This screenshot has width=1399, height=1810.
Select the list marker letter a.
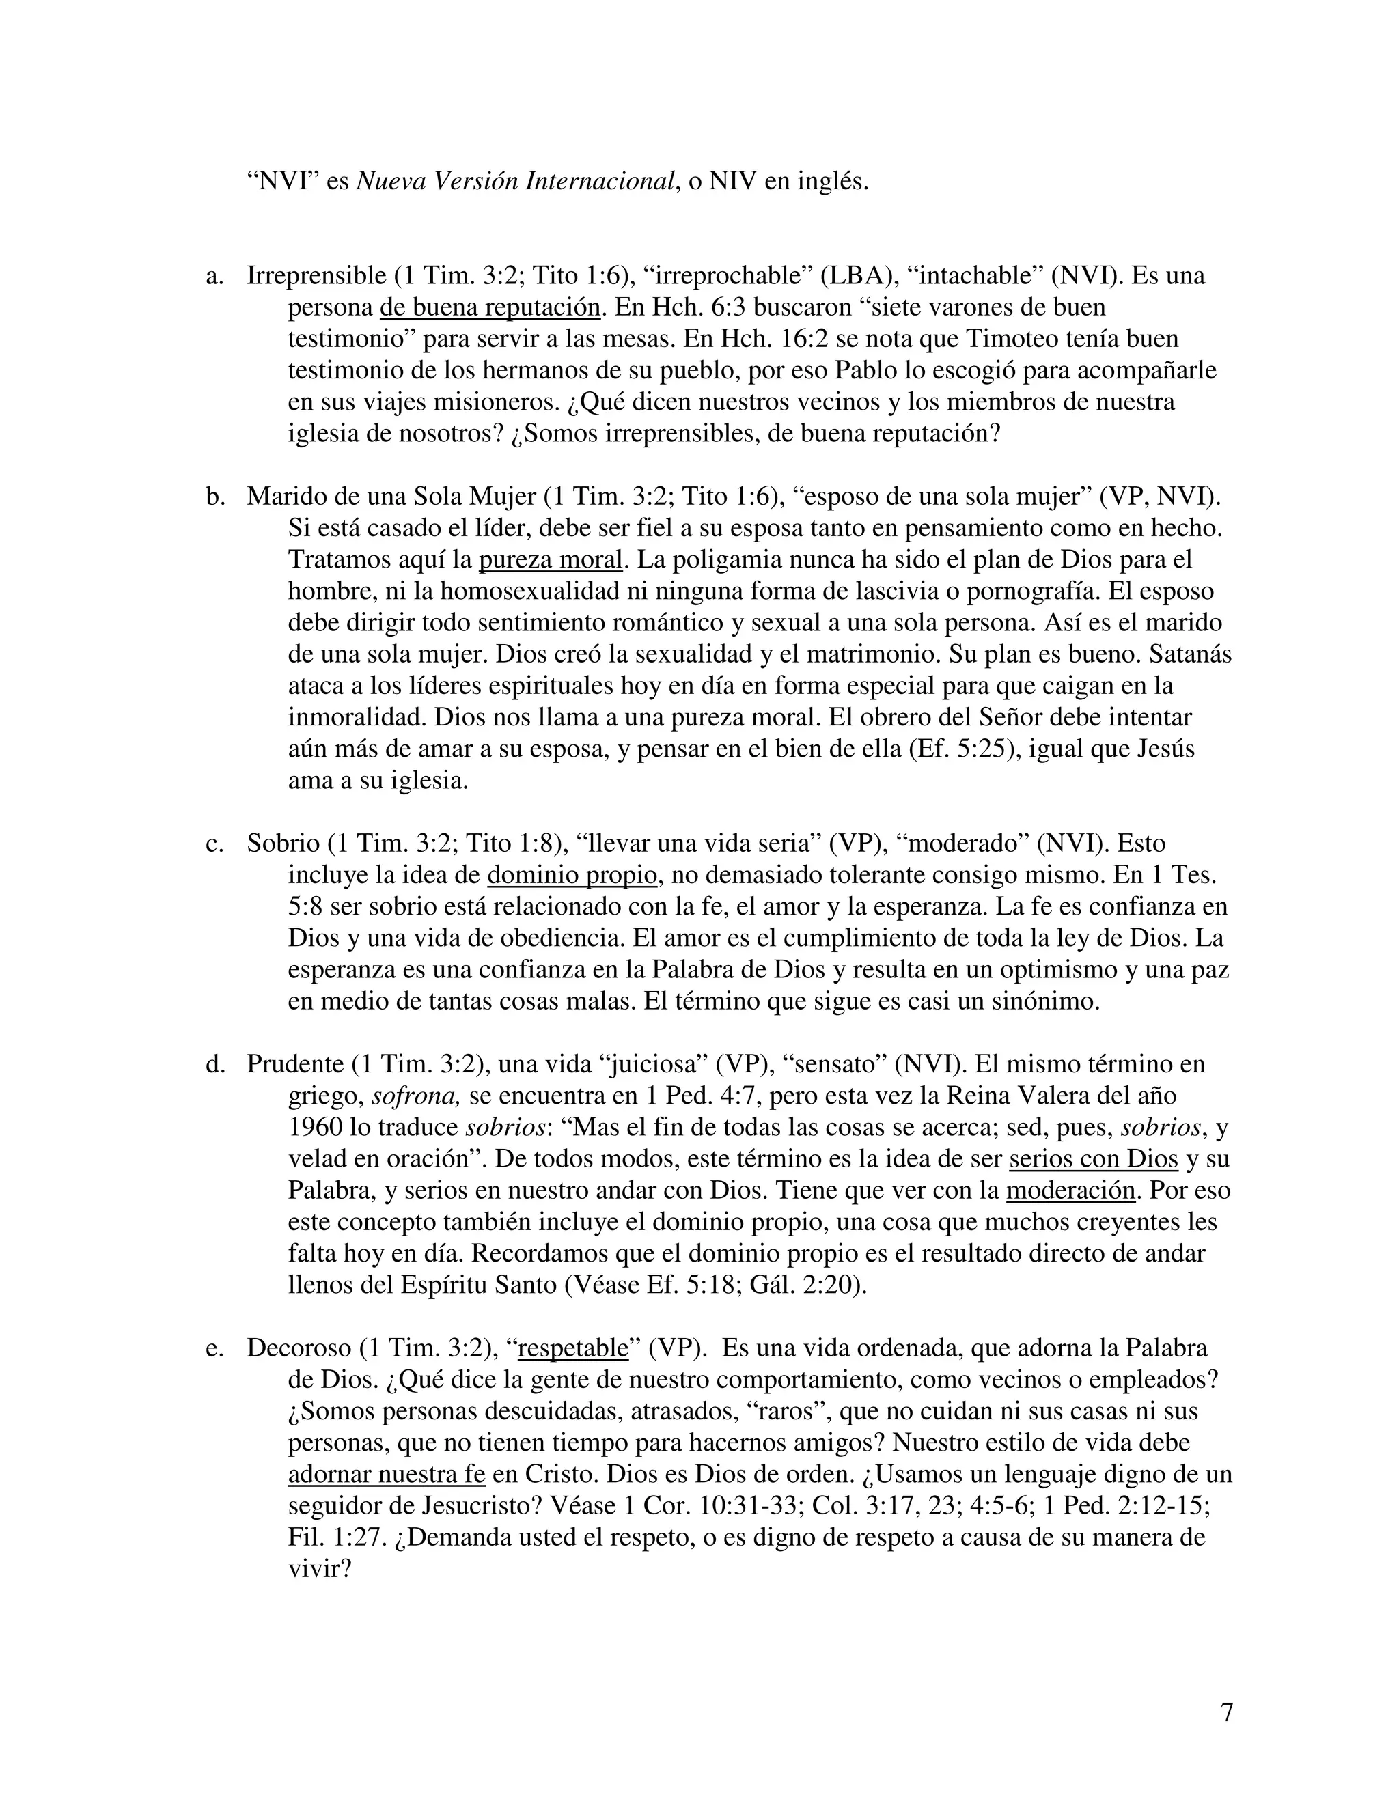[214, 276]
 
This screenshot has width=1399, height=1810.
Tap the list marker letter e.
[214, 1348]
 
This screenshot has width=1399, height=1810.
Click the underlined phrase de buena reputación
[490, 307]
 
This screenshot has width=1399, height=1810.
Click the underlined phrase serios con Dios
[1093, 1158]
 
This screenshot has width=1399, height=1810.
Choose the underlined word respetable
[574, 1348]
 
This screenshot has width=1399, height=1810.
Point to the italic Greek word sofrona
[415, 1096]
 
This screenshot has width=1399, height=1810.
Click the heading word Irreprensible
[316, 276]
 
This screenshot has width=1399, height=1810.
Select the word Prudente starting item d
[295, 1064]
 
